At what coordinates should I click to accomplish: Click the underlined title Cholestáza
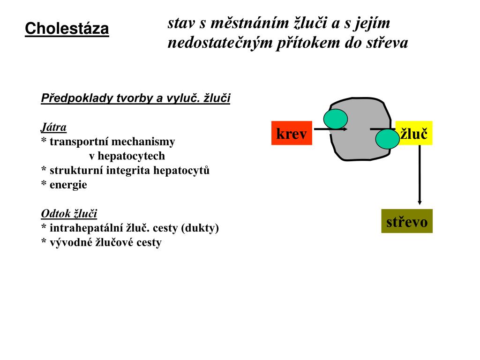67,29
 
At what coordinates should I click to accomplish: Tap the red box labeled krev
291,133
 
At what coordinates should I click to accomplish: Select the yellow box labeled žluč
414,133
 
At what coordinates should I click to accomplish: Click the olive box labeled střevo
406,221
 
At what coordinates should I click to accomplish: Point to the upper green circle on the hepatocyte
336,119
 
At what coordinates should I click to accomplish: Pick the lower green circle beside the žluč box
387,139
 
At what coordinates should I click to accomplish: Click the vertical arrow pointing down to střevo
420,176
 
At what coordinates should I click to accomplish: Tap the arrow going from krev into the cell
329,128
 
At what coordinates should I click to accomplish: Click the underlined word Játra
53,127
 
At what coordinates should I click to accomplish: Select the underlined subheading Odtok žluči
69,214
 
